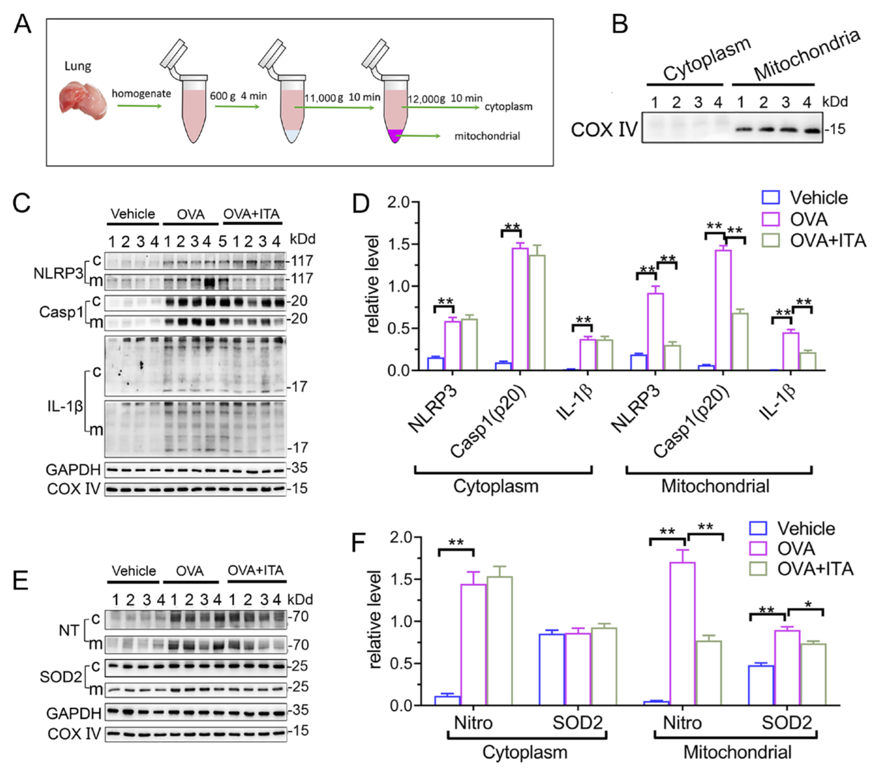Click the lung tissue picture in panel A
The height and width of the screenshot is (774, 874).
[83, 102]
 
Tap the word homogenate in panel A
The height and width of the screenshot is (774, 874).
[141, 94]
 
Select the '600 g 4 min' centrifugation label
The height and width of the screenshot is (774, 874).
[238, 96]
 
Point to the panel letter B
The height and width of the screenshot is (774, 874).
[619, 24]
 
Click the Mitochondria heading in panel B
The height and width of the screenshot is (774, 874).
[806, 55]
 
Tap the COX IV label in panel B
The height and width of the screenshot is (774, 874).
[604, 130]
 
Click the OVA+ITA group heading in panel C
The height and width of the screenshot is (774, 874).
[251, 214]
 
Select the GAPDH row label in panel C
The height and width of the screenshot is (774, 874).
[73, 470]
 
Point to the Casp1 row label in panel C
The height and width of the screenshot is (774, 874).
[61, 312]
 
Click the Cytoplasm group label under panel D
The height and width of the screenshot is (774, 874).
[495, 486]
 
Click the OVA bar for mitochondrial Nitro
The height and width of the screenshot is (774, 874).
[682, 633]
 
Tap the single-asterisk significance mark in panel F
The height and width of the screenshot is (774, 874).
[808, 605]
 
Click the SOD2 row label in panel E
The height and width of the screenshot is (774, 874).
[60, 677]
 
